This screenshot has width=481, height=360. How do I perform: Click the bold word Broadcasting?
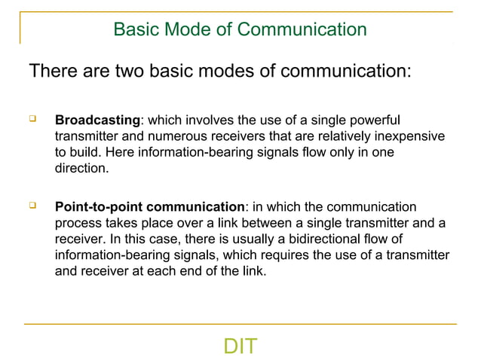97,121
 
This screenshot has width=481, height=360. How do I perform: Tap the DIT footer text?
240,346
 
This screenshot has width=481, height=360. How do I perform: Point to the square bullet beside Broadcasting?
32,119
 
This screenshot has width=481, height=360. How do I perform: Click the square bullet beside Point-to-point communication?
32,205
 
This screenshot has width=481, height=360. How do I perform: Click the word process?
78,223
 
